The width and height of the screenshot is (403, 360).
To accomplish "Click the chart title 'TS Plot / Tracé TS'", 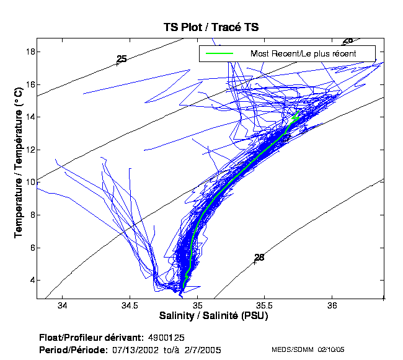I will (211, 27).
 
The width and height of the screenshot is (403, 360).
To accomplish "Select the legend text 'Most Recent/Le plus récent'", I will (303, 54).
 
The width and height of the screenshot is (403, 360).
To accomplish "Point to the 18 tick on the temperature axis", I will (29, 52).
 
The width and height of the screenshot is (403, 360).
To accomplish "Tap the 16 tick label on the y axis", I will (29, 84).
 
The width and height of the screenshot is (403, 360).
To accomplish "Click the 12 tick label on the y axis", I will (29, 150).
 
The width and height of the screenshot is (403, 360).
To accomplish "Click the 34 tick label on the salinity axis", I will (61, 306).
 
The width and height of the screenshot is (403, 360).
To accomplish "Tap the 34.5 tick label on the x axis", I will (130, 306).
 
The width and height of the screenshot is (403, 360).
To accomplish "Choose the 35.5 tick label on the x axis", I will (265, 306).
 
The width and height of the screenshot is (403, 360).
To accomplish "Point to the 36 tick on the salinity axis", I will (332, 306).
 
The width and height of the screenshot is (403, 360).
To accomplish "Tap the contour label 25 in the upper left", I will (122, 59).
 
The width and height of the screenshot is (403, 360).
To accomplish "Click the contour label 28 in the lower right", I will (259, 257).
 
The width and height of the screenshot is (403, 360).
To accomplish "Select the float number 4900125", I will (166, 338).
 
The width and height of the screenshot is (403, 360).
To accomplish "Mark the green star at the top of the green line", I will (295, 117).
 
